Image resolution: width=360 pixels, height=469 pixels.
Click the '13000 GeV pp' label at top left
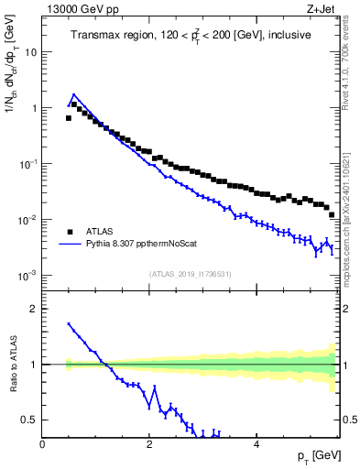[x=78, y=9]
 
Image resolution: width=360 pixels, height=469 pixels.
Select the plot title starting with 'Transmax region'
[x=190, y=36]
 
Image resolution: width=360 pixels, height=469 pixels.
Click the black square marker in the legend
[x=70, y=232]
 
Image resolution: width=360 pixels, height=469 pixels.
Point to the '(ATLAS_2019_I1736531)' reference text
[x=190, y=273]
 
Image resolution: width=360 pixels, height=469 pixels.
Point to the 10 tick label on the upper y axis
[x=30, y=52]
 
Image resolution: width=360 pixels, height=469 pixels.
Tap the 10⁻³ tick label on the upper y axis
[x=27, y=276]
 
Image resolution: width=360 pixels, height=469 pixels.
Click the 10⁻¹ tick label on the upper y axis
[x=27, y=164]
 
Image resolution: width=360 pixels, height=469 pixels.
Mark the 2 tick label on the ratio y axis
[x=34, y=309]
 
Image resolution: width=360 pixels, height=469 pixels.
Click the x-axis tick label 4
[x=256, y=444]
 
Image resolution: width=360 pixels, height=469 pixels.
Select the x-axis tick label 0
[x=43, y=444]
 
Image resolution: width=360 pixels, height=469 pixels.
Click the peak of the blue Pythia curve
[x=73, y=93]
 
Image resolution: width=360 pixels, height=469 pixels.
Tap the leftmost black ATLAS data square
[x=68, y=118]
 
